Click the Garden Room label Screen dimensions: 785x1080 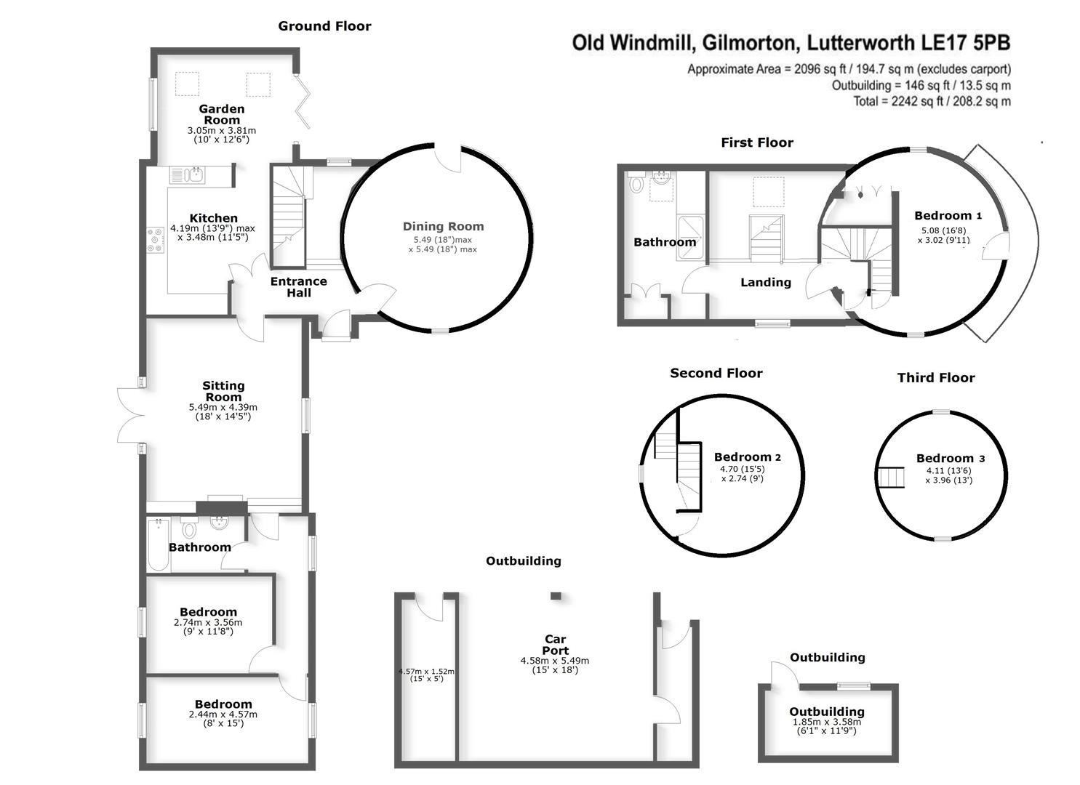222,115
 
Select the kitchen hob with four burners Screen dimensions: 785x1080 156,241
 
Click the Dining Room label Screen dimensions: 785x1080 443,227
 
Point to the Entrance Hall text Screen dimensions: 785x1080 298,287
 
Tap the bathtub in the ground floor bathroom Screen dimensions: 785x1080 158,545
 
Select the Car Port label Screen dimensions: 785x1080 555,645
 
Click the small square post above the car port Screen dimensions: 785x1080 556,596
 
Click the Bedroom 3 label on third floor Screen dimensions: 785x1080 950,458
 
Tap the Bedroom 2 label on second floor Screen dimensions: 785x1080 747,457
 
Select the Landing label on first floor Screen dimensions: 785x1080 765,282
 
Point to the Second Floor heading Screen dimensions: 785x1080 716,373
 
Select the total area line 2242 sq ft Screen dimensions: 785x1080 932,102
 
